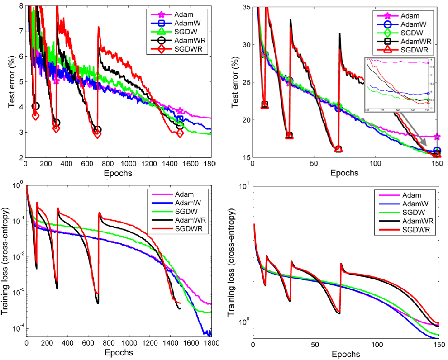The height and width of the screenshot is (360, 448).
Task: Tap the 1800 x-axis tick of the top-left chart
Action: pyautogui.click(x=210, y=163)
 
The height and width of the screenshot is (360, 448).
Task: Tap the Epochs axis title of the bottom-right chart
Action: pyautogui.click(x=346, y=354)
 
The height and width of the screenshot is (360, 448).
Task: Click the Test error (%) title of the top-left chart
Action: pyautogui.click(x=11, y=81)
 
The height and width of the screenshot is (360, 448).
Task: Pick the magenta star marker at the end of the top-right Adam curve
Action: pyautogui.click(x=437, y=137)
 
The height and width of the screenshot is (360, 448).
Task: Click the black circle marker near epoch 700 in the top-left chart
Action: pyautogui.click(x=97, y=130)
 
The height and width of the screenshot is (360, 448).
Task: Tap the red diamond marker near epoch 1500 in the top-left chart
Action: pyautogui.click(x=180, y=133)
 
